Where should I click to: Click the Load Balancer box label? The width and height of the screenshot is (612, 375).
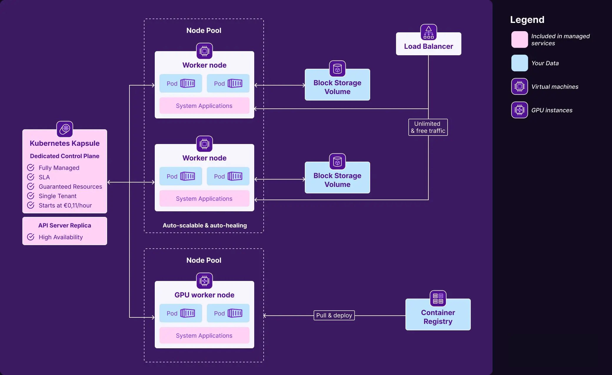[428, 46]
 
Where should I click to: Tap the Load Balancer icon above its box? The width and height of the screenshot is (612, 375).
[429, 32]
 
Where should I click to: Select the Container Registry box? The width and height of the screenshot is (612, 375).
[438, 314]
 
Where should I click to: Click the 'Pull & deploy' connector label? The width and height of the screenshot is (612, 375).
[334, 315]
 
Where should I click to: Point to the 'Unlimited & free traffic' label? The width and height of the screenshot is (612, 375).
[428, 127]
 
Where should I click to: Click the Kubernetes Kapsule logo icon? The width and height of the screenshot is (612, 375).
[65, 129]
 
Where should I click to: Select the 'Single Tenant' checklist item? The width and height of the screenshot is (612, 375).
[58, 196]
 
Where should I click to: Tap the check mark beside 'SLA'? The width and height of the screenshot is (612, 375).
[31, 177]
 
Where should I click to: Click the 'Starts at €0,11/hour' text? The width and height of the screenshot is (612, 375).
[65, 205]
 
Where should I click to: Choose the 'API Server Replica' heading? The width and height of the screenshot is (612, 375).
[65, 225]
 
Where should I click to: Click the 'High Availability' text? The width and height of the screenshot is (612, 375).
[61, 237]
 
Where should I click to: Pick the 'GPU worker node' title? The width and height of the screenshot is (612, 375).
[204, 295]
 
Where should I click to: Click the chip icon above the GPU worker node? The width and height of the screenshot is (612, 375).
[204, 281]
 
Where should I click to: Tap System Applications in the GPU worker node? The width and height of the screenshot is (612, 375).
[204, 335]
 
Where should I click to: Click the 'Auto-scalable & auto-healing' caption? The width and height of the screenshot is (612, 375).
[205, 225]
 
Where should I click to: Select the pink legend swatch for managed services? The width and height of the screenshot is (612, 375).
[520, 39]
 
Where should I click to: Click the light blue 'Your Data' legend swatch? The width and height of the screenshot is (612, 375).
[520, 63]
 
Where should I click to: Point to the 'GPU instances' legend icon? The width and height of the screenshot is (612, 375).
[520, 110]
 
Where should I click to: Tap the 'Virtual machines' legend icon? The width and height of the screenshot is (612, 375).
[520, 86]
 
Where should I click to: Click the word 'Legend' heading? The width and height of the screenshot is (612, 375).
[527, 20]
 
